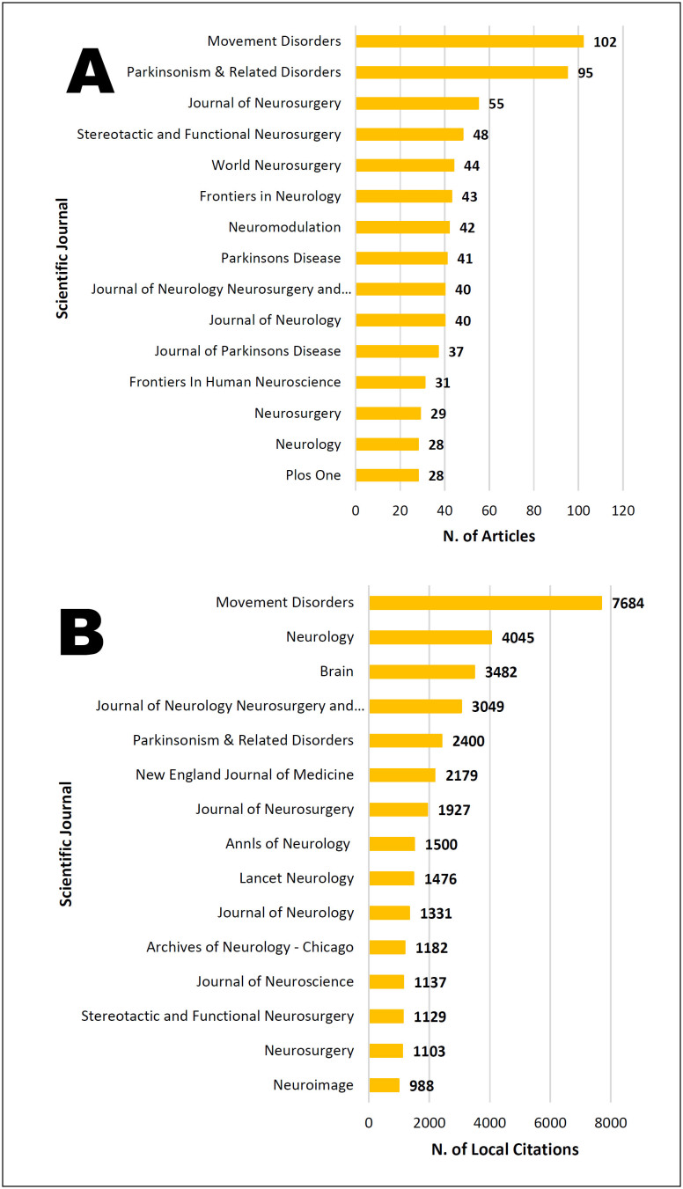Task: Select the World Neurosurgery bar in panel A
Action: tap(405, 165)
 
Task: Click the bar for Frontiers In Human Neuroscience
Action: tap(390, 382)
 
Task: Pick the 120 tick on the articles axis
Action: tap(622, 510)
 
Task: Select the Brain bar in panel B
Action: tap(422, 672)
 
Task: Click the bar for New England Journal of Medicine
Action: tap(401, 775)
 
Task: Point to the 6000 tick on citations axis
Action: tap(549, 1122)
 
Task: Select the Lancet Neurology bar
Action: tap(391, 878)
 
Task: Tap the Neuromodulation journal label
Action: tap(284, 227)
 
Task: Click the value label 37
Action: tap(455, 351)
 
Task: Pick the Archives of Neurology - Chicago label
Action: tap(250, 947)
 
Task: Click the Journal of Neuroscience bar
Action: tap(386, 981)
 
